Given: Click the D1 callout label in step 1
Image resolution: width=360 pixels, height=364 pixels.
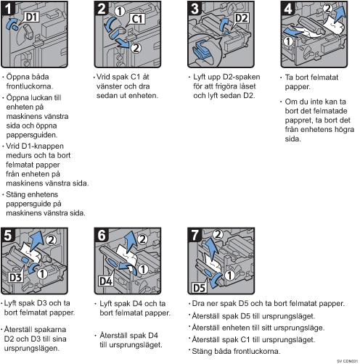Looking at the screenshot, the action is [32, 17].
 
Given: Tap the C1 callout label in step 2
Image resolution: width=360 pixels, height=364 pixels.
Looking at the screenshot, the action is [137, 19].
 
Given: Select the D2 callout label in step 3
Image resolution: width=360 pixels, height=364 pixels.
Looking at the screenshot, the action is [241, 18].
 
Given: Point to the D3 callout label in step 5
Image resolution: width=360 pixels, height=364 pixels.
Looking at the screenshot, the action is [15, 277].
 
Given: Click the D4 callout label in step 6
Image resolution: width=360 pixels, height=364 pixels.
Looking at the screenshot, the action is [106, 281].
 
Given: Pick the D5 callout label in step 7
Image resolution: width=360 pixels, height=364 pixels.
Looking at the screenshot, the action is [199, 288].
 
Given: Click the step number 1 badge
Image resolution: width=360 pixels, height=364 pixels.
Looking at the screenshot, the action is [8, 9].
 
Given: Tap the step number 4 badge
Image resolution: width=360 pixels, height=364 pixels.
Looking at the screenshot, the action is [287, 9].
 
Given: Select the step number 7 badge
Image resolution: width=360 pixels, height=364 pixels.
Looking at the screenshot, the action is [195, 235].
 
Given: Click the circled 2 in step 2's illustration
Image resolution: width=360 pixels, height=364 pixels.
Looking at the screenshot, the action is [136, 48].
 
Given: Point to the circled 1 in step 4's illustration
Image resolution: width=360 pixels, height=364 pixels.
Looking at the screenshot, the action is [288, 41].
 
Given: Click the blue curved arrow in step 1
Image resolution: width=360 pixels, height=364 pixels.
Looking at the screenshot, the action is [10, 23].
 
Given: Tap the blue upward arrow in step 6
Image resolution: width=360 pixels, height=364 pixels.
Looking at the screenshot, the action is [129, 241].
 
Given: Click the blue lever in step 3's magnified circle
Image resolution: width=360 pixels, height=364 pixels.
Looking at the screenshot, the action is [202, 50].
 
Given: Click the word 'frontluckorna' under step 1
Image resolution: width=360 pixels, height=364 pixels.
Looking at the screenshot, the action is [29, 86].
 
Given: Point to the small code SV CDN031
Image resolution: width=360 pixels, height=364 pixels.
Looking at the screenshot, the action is [347, 361].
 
